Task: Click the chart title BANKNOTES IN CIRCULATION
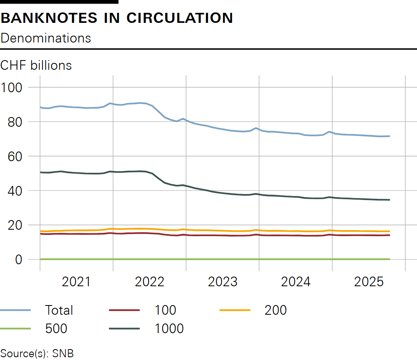coord(116,18)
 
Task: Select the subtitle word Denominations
coord(46,38)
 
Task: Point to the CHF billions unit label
coord(36,65)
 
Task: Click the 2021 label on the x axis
coord(76,282)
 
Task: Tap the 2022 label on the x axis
coord(149,282)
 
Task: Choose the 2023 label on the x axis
coord(222,282)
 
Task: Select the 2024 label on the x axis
coord(295,282)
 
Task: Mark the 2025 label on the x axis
coord(368,282)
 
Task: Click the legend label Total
coord(59,310)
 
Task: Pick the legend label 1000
coord(169,329)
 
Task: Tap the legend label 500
coord(56,329)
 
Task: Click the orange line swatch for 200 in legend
coord(235,310)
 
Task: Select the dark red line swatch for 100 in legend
coord(124,310)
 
